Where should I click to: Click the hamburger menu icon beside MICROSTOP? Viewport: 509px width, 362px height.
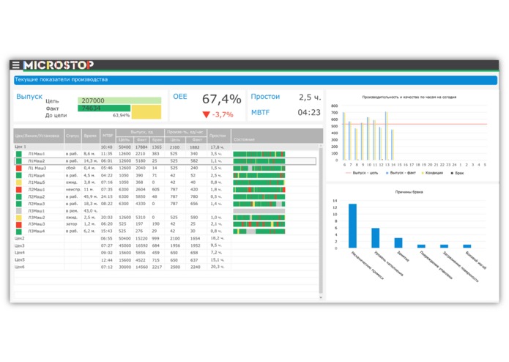click(15, 65)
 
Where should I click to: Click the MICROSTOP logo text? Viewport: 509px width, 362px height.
click(58, 65)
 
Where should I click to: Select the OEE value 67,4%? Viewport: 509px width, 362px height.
click(221, 99)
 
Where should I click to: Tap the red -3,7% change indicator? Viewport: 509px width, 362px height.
click(217, 114)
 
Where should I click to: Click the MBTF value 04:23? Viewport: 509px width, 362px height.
click(309, 113)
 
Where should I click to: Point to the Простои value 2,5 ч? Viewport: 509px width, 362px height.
click(309, 97)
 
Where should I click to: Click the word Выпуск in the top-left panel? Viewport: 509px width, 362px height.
click(29, 96)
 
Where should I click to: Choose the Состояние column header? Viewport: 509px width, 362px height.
click(243, 138)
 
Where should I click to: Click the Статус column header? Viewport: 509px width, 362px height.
click(73, 136)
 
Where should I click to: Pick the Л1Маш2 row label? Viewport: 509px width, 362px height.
click(37, 160)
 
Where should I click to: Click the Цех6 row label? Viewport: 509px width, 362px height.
click(21, 266)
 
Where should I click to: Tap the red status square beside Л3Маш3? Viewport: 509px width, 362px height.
click(18, 224)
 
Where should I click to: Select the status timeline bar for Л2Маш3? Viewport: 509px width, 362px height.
click(258, 203)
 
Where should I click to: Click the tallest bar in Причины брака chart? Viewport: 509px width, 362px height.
click(352, 225)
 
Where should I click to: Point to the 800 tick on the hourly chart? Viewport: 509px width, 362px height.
click(334, 106)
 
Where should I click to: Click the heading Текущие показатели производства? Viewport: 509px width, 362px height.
click(62, 79)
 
